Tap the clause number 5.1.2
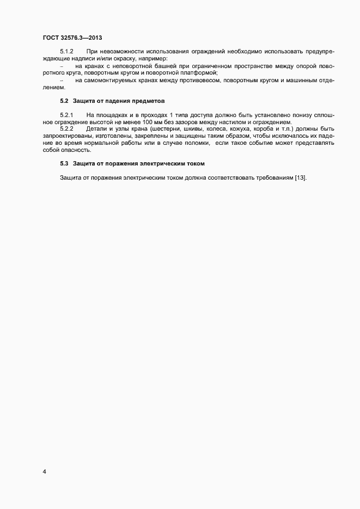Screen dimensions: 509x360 point(66,51)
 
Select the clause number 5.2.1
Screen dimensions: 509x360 point(66,115)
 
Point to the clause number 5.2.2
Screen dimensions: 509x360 point(66,128)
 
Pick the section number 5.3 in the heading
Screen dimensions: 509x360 point(64,163)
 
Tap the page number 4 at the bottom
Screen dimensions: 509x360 point(44,471)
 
